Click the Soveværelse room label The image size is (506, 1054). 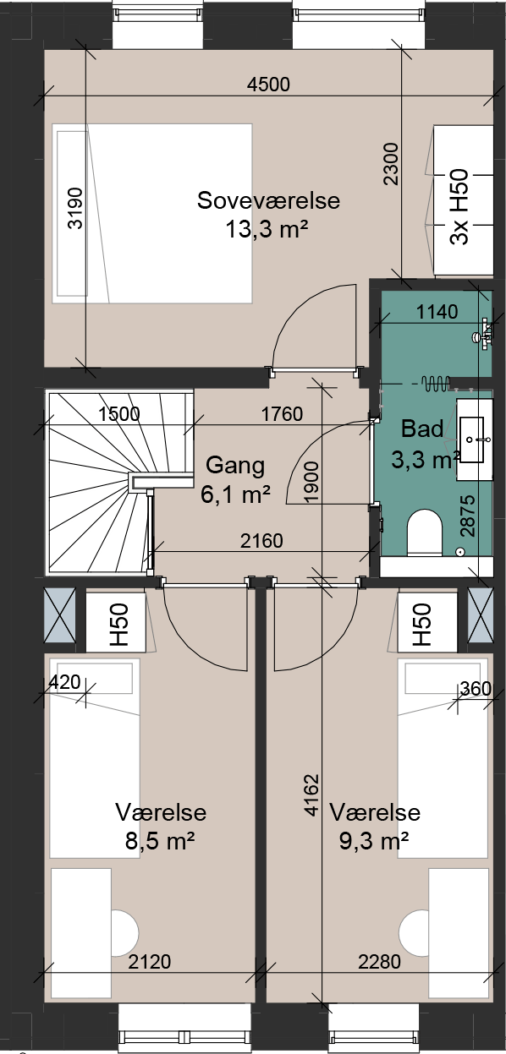268,201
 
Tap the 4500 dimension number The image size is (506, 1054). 268,85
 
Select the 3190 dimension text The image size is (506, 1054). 75,208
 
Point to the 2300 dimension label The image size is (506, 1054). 391,164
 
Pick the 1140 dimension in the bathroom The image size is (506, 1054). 437,312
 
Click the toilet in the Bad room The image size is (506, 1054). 425,532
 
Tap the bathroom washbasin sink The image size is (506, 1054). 471,439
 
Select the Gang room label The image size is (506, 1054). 235,466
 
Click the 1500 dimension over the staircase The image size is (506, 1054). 119,413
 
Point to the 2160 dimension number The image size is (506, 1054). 261,541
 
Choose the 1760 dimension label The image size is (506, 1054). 282,413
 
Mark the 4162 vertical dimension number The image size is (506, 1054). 311,795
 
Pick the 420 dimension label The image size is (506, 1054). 64,682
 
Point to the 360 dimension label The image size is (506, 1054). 476,689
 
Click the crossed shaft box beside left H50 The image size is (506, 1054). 60,614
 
